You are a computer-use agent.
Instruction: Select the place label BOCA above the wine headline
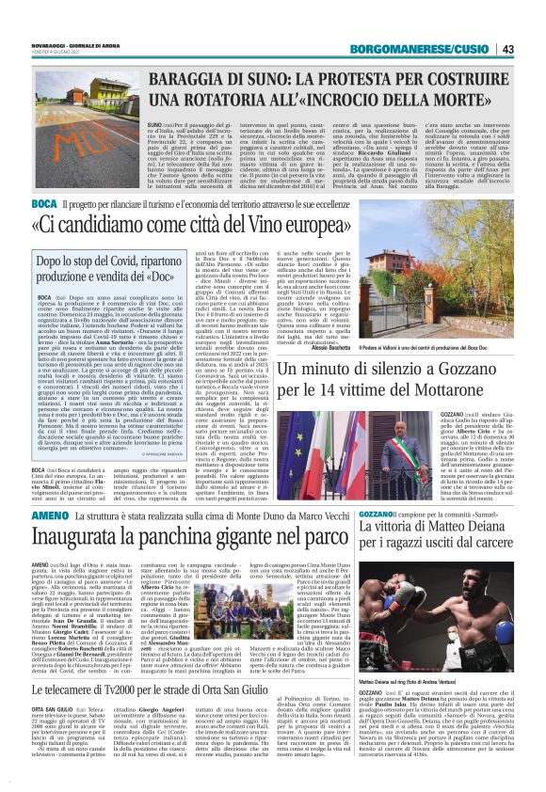[x=43, y=203]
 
